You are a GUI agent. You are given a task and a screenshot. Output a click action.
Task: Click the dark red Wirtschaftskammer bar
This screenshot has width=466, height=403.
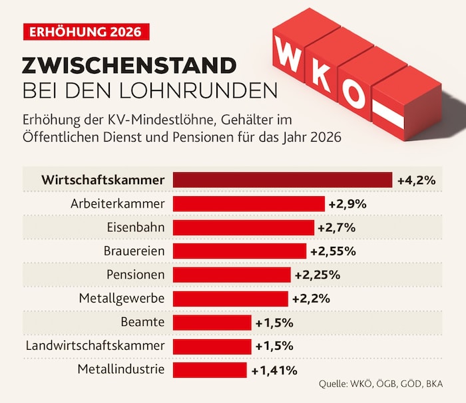[x=282, y=180]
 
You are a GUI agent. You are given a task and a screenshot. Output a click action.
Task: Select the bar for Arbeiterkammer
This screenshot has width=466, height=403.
[x=249, y=204]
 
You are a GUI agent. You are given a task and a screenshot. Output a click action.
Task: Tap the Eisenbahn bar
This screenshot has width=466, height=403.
[x=244, y=227]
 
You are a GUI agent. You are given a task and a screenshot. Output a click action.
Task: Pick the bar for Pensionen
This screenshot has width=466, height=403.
[x=232, y=275]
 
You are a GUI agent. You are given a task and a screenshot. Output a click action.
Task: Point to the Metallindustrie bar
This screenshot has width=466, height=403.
[x=210, y=369]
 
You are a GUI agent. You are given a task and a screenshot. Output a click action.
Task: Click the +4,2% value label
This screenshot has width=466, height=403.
[x=416, y=180]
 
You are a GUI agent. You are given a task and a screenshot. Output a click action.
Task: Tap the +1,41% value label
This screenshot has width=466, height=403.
[x=274, y=369]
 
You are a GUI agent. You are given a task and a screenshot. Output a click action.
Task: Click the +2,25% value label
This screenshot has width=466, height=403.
[x=317, y=275]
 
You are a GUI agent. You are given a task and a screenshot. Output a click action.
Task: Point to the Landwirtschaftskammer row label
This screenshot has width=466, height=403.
[x=95, y=346]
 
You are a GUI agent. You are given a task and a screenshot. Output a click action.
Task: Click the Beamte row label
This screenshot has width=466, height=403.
[x=143, y=323]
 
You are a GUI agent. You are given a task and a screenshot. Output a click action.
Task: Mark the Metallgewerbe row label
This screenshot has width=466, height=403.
[x=121, y=299]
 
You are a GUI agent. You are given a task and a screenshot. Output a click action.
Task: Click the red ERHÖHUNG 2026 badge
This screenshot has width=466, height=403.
[x=81, y=31]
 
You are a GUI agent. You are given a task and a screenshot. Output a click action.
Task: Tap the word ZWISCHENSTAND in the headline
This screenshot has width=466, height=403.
[x=129, y=65]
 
